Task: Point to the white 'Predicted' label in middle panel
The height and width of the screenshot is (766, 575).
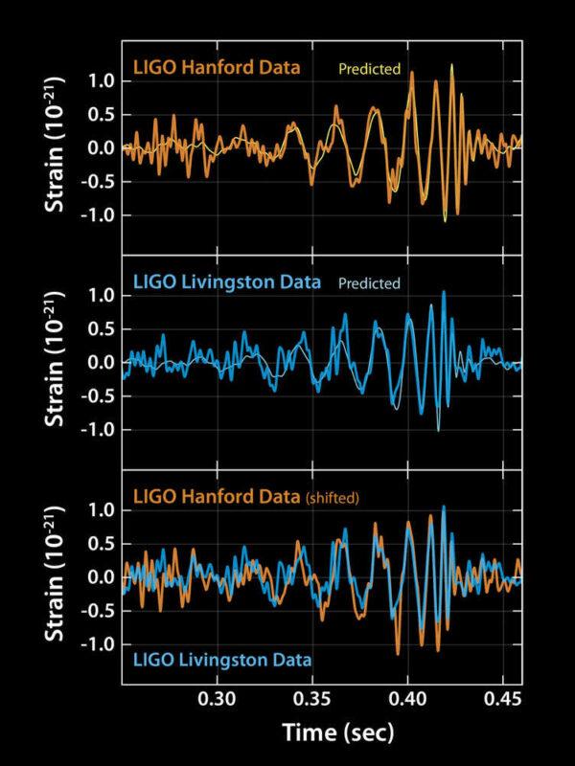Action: (x=368, y=283)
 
